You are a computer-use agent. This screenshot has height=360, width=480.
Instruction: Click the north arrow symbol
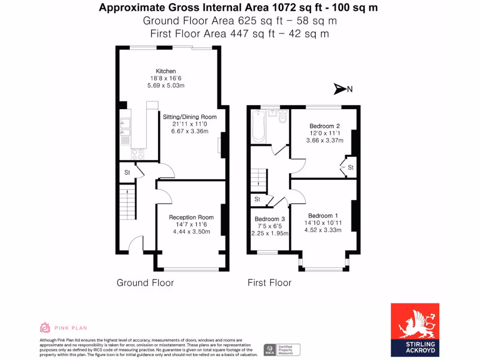pos(339,89)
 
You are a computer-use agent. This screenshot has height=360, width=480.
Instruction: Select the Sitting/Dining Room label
pos(189,117)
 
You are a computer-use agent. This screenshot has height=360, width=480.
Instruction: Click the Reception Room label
pos(191,217)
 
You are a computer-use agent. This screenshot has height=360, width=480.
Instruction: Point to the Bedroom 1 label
pos(323,216)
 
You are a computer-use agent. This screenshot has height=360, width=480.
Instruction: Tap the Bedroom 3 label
pos(270,219)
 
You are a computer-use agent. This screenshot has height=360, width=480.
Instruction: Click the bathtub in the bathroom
pos(258,127)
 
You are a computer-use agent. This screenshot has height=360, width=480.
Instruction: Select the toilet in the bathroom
pos(282,117)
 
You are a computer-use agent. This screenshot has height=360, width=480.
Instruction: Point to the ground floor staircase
pos(126,199)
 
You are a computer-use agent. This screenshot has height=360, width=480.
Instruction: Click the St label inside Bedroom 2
pos(351,167)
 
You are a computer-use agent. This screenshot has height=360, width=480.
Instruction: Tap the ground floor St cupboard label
pos(127,172)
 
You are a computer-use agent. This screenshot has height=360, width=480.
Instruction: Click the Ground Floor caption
pos(145,283)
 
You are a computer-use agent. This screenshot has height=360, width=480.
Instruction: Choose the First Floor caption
pos(269,283)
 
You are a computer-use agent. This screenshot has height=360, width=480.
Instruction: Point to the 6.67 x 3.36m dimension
pos(189,131)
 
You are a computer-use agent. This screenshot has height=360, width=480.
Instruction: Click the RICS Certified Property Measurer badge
pos(281,349)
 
